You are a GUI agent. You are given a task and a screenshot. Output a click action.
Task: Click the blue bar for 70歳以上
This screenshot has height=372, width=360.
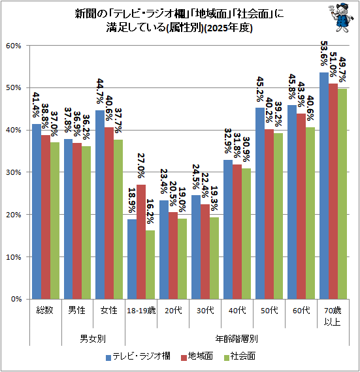click(324, 186)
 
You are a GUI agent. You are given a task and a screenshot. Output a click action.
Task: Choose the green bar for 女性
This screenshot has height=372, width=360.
click(119, 219)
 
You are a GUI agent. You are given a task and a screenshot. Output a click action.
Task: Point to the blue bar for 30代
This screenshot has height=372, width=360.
click(196, 247)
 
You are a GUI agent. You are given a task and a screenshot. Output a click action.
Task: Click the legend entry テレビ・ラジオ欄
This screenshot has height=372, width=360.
click(139, 356)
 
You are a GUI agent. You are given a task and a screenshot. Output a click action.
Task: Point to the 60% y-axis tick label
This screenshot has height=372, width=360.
click(14, 46)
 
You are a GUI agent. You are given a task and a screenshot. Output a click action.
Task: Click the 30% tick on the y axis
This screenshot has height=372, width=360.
click(14, 172)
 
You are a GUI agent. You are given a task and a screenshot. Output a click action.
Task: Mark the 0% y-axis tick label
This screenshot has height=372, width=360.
click(16, 299)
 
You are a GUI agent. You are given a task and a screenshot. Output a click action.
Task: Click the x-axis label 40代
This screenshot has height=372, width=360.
click(238, 311)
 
